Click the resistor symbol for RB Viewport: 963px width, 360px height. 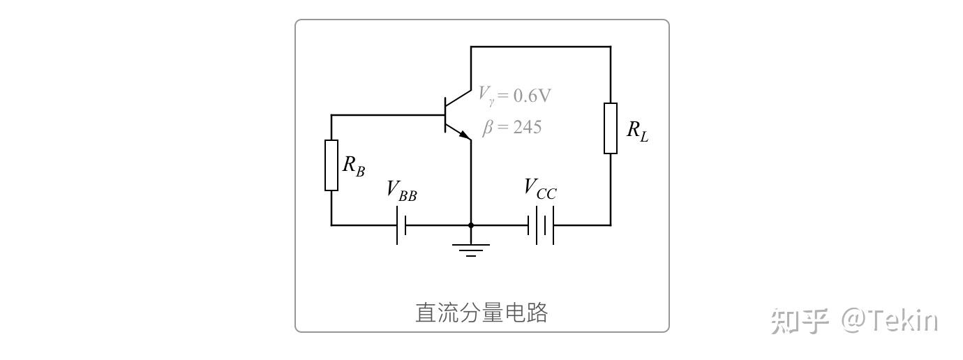coord(331,165)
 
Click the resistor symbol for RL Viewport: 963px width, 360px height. coord(611,128)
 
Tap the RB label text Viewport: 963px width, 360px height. coord(353,166)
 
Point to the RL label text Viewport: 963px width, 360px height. coord(638,130)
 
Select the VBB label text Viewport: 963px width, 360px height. coord(401,190)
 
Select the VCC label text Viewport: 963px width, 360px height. coord(540,189)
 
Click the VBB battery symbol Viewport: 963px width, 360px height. coord(401,225)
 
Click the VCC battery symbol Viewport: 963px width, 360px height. coord(541,225)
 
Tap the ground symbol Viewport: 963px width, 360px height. coord(471,250)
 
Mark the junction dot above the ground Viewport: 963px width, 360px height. coord(471,225)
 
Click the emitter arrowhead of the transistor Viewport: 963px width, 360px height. coord(465,135)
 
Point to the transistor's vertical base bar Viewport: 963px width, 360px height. coord(445,115)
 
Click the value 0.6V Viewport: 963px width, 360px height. coord(532,96)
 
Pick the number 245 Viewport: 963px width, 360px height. coord(527,127)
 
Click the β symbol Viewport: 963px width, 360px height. coord(488,128)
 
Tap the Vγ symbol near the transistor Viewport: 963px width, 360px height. coord(486,96)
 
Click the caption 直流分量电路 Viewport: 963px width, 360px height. coord(481,313)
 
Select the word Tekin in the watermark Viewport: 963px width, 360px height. coord(901,320)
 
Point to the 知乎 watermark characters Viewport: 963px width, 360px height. coord(800,321)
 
